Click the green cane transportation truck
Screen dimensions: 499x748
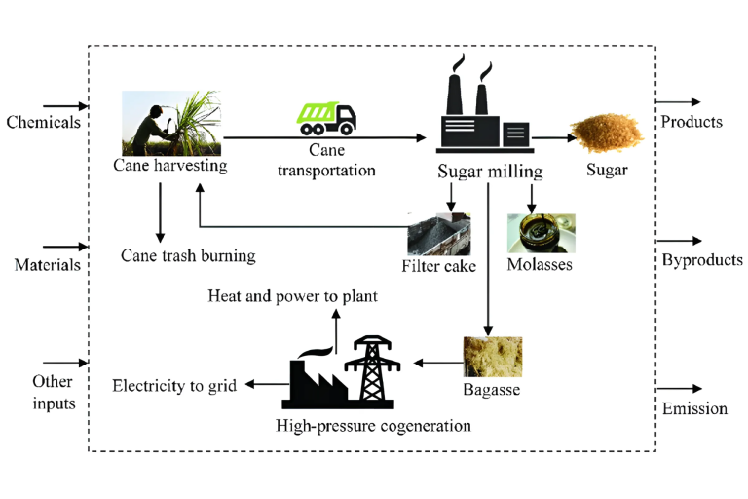coord(326,118)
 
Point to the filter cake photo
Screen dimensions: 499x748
coord(439,234)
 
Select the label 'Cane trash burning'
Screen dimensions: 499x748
coord(188,256)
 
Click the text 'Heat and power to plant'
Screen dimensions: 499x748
coord(292,295)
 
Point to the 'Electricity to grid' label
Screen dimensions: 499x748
coord(174,386)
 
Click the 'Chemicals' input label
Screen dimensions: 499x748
coord(43,123)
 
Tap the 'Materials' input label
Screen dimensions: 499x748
coord(46,264)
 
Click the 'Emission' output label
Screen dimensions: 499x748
coord(694,408)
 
